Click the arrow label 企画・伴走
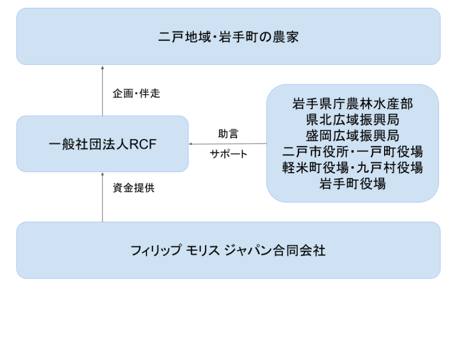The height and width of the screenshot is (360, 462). click(x=137, y=94)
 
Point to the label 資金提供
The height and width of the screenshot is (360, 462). click(x=134, y=188)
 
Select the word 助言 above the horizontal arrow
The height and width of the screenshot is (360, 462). click(x=228, y=134)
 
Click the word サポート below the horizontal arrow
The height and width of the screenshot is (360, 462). click(x=228, y=154)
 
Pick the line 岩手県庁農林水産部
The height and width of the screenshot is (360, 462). click(x=352, y=104)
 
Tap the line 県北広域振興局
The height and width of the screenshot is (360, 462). click(x=352, y=120)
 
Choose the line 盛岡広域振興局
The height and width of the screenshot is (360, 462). click(x=352, y=136)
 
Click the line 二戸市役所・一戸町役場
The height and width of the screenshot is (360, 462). click(x=352, y=151)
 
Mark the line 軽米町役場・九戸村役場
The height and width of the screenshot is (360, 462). click(x=352, y=168)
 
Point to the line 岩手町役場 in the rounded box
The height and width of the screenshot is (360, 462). click(x=352, y=184)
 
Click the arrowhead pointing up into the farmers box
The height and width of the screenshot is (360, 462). click(x=103, y=67)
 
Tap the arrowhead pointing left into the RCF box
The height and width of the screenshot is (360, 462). click(x=191, y=144)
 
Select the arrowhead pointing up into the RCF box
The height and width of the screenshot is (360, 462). click(x=103, y=174)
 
